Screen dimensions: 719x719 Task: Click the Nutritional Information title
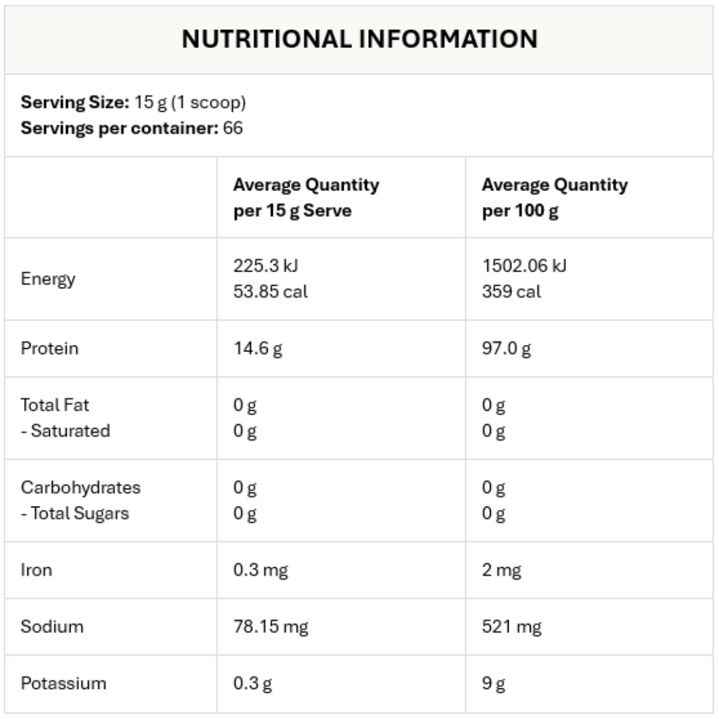[359, 39]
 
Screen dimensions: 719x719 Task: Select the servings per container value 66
[233, 128]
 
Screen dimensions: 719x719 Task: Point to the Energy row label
[48, 278]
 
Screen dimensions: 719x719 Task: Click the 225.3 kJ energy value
[266, 266]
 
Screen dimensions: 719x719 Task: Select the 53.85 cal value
[270, 292]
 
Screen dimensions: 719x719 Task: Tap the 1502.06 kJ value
[525, 266]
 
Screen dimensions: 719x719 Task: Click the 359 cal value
[511, 292]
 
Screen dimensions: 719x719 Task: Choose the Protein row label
[49, 348]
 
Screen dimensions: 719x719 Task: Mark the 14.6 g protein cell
[258, 348]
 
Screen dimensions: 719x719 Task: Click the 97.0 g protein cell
[507, 348]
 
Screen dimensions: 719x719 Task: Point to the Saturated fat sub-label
[65, 431]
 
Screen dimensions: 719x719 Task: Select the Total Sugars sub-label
[75, 513]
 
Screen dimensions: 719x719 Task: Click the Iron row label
[36, 570]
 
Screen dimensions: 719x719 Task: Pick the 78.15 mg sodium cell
[270, 626]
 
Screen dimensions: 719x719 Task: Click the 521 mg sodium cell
[511, 626]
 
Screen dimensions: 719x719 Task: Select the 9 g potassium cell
[493, 684]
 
